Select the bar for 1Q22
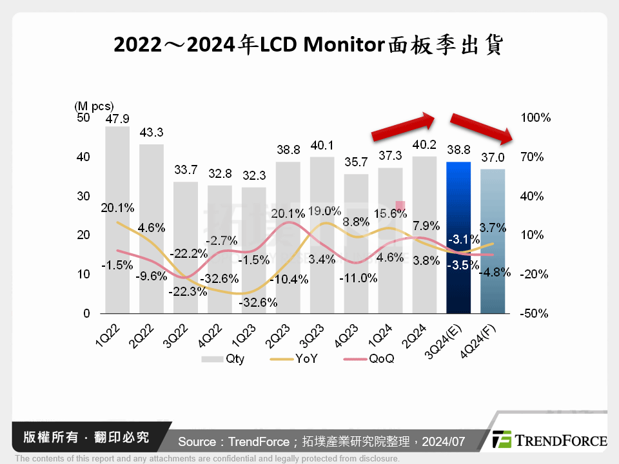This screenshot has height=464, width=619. [117, 219]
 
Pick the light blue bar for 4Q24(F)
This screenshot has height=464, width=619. [493, 241]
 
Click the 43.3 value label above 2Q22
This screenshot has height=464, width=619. [151, 132]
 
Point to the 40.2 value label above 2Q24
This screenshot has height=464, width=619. [424, 144]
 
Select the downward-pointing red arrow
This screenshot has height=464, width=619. [481, 128]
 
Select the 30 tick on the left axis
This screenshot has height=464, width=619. [83, 197]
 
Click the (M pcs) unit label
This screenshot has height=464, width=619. [93, 106]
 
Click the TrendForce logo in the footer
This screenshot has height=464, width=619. [549, 440]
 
